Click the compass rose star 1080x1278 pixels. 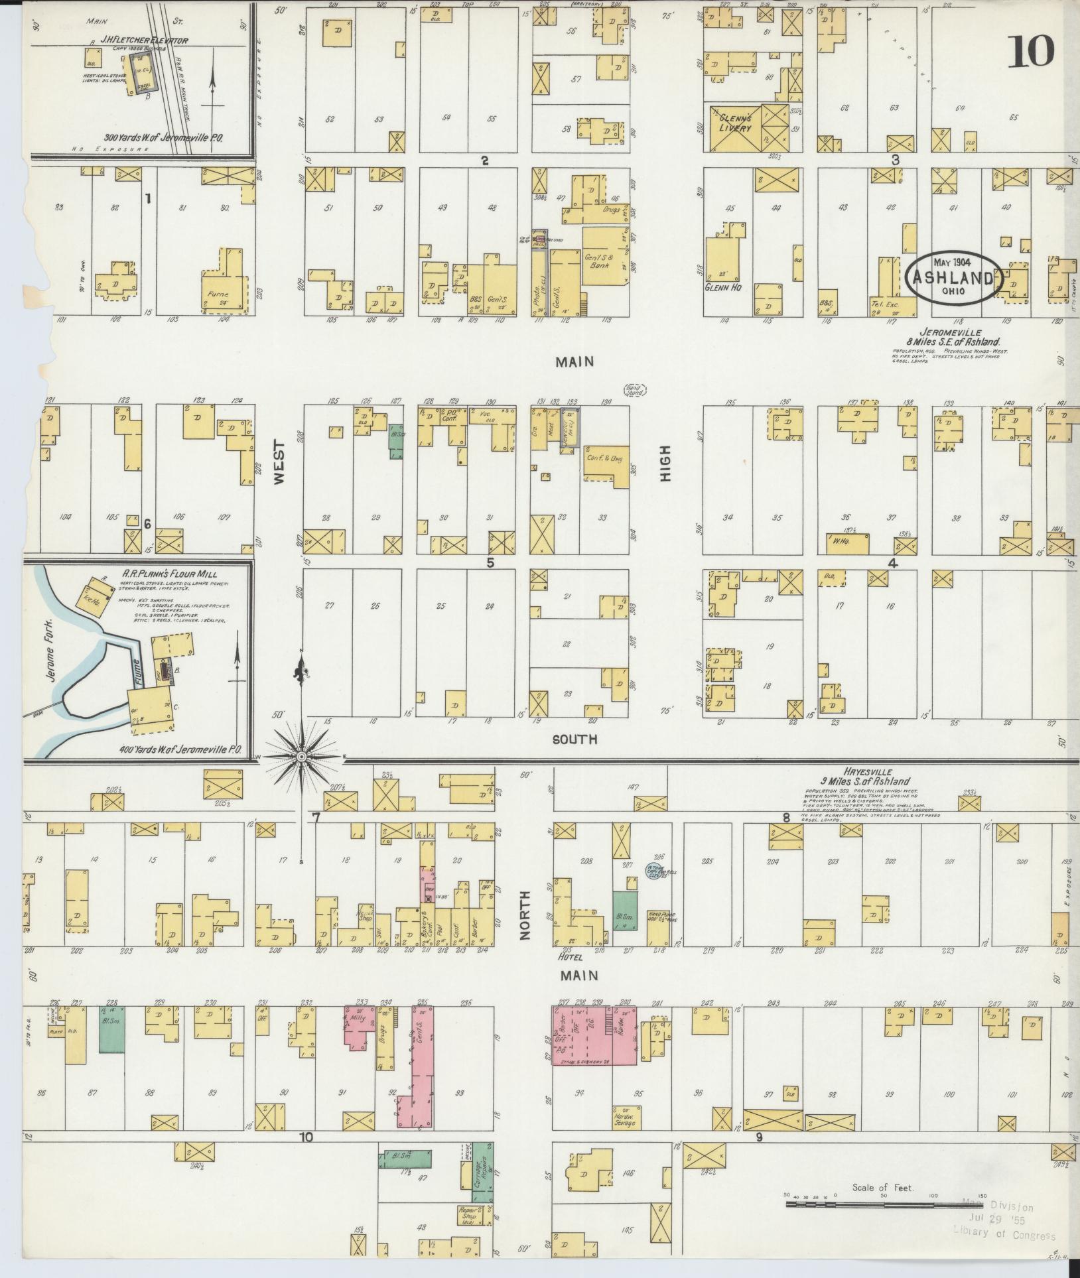coord(302,756)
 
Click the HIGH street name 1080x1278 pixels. coord(665,462)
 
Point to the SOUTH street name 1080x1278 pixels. coord(576,739)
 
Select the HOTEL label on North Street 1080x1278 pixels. coord(571,957)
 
